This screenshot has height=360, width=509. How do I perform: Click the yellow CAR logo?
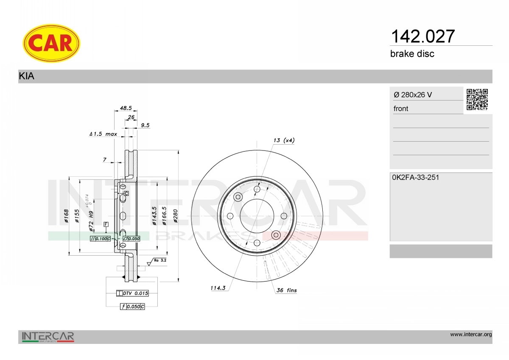(51, 43)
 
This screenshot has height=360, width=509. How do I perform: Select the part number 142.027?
(422, 36)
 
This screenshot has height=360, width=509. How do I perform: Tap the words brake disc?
(412, 54)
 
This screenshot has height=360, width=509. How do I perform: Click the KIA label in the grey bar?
(27, 76)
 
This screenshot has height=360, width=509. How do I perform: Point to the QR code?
(477, 100)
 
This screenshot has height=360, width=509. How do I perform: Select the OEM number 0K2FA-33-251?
(416, 177)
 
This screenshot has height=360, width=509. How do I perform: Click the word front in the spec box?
(401, 109)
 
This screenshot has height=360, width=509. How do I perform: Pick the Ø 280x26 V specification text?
(413, 95)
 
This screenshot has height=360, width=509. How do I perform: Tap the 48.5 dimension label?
(126, 108)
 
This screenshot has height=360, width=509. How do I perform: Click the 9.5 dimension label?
(145, 125)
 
